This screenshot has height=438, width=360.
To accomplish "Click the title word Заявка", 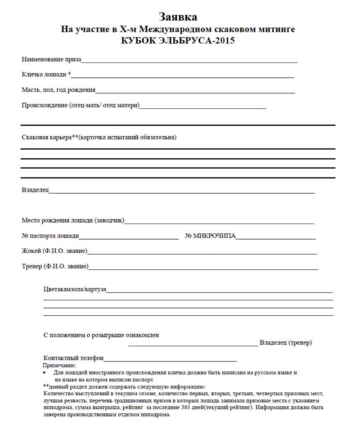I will [x=178, y=17].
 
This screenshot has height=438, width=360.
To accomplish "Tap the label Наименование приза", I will [x=51, y=59].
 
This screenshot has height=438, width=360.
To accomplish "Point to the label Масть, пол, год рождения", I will [x=58, y=90].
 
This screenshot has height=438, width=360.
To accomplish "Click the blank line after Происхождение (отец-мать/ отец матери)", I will [x=202, y=107].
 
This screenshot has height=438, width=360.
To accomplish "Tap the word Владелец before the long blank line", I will [x=35, y=190].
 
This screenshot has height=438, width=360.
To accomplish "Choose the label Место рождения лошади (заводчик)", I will [x=73, y=220].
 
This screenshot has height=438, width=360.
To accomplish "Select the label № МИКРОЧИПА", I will [x=210, y=236].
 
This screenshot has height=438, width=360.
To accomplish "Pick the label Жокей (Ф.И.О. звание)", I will [x=54, y=250].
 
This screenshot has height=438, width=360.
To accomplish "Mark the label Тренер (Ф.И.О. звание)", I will [x=55, y=266].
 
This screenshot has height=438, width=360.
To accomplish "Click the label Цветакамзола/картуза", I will [x=75, y=289].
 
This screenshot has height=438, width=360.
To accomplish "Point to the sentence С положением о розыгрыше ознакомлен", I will [x=101, y=335].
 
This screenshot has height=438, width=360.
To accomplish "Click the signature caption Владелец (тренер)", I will [x=286, y=343].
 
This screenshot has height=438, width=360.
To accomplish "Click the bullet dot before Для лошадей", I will [x=44, y=373].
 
